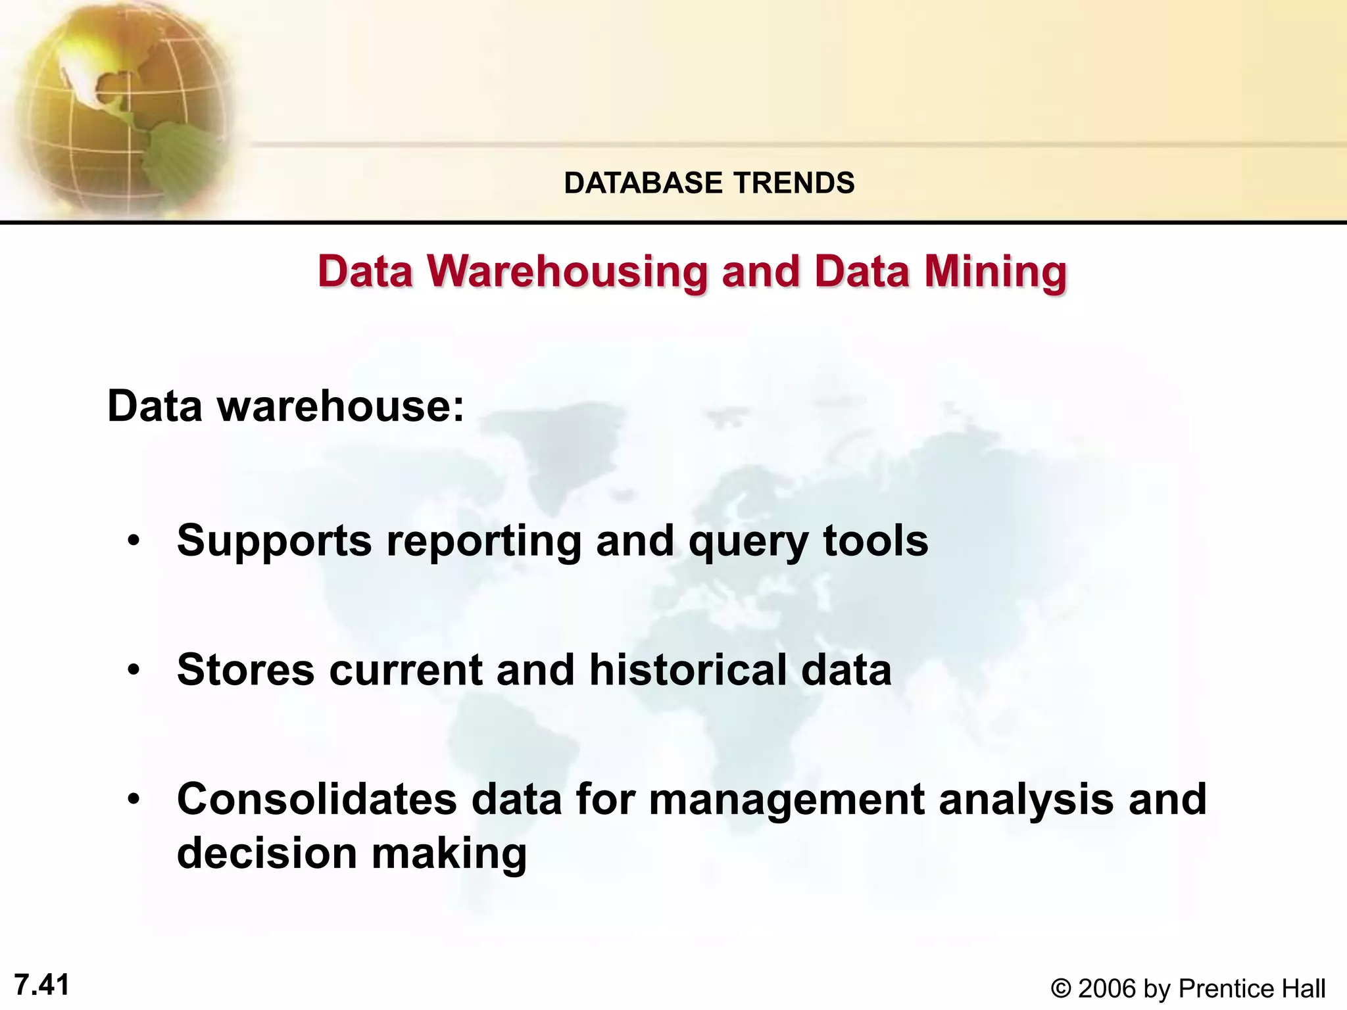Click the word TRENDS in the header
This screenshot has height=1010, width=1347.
click(794, 183)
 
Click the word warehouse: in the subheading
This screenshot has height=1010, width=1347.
click(341, 407)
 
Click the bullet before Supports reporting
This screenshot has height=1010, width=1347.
click(134, 542)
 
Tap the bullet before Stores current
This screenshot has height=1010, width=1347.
click(134, 671)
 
